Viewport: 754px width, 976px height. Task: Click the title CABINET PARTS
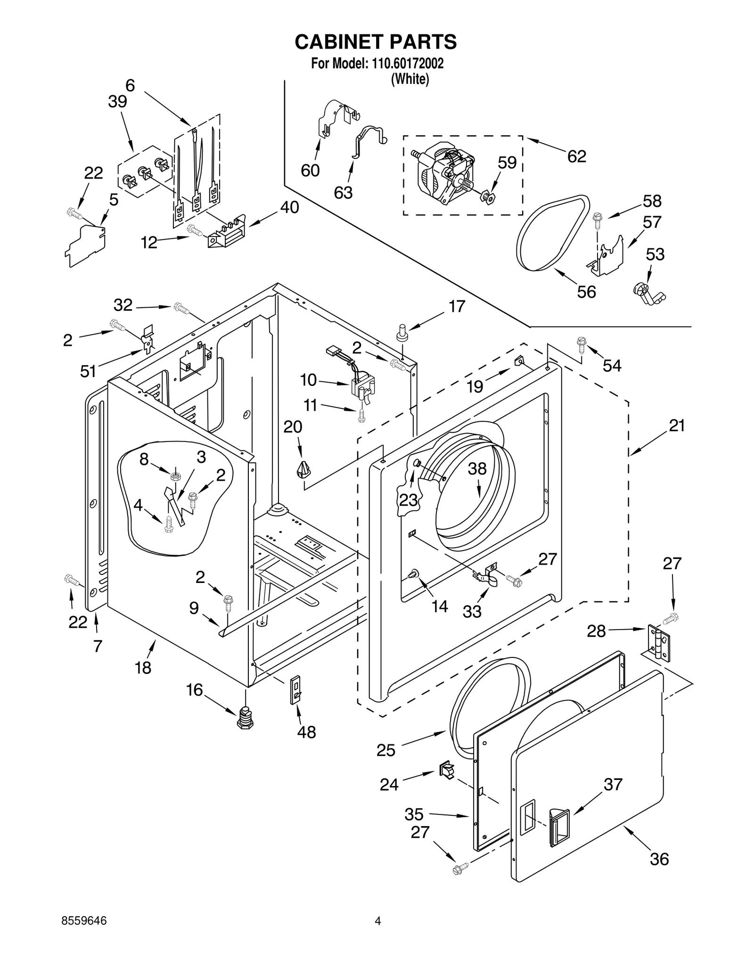(x=376, y=42)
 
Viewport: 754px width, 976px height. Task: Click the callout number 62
(x=576, y=156)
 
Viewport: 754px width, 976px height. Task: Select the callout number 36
(x=659, y=859)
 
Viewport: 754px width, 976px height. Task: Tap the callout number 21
(x=677, y=426)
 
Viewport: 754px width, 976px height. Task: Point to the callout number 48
(x=306, y=732)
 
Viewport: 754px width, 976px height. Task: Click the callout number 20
(x=292, y=427)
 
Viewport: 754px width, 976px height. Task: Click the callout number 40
(x=289, y=207)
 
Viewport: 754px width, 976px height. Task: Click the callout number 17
(x=457, y=306)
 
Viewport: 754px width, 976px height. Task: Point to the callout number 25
(x=385, y=750)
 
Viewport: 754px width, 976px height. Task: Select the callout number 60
(x=310, y=170)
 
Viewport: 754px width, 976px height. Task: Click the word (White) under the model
(x=410, y=79)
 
